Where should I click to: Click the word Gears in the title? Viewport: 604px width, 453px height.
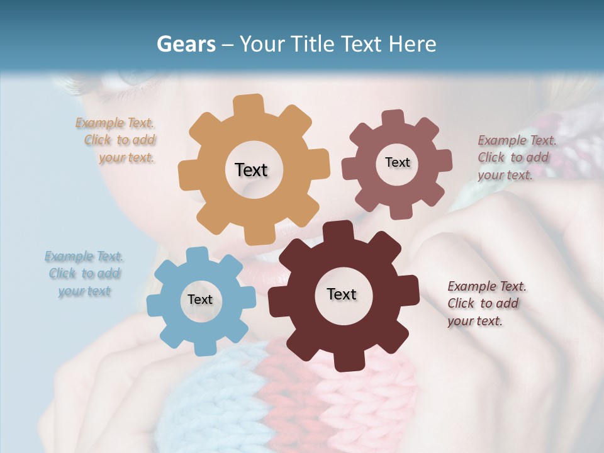[186, 44]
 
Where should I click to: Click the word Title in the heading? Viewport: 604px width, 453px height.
[312, 44]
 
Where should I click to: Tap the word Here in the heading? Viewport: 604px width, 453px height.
[413, 44]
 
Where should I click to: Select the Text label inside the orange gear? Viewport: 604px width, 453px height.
[251, 170]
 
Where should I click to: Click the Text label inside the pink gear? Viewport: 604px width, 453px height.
[397, 162]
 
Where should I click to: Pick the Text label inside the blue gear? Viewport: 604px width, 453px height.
[200, 299]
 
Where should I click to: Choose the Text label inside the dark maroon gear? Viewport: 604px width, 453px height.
[342, 294]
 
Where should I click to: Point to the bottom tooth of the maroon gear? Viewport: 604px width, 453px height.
[344, 361]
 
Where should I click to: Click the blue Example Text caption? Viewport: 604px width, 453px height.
[84, 274]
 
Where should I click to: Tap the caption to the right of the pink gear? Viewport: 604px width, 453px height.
[516, 157]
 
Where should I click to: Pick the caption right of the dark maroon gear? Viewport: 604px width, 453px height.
[486, 303]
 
